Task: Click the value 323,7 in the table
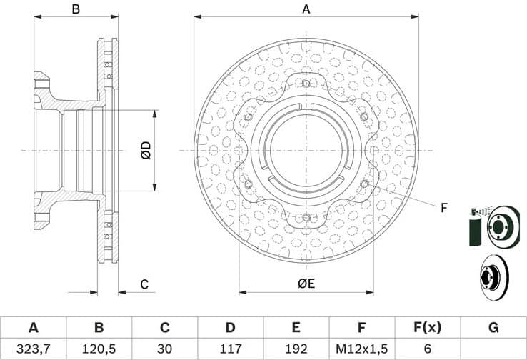33,349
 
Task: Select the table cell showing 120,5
99,349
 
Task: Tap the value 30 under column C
164,349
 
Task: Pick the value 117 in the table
230,349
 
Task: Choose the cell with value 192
296,349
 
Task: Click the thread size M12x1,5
361,349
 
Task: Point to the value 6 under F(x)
427,349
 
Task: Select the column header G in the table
493,328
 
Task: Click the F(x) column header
427,328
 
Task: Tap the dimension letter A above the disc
306,9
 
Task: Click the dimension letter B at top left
75,9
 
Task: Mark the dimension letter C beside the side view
144,284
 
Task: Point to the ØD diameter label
146,151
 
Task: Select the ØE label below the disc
306,284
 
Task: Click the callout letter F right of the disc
443,208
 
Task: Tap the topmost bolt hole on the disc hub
306,84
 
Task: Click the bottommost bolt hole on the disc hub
306,217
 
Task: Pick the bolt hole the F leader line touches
364,184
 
